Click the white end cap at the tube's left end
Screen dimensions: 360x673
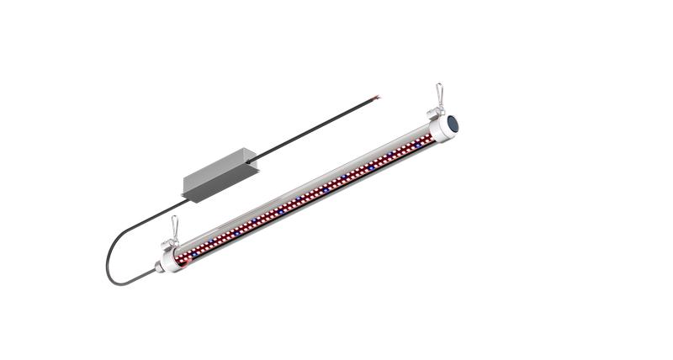pyautogui.click(x=171, y=259)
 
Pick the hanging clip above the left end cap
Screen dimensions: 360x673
pyautogui.click(x=175, y=226)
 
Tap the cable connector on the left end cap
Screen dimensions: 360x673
pyautogui.click(x=157, y=269)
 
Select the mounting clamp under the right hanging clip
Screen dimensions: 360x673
pyautogui.click(x=437, y=112)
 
